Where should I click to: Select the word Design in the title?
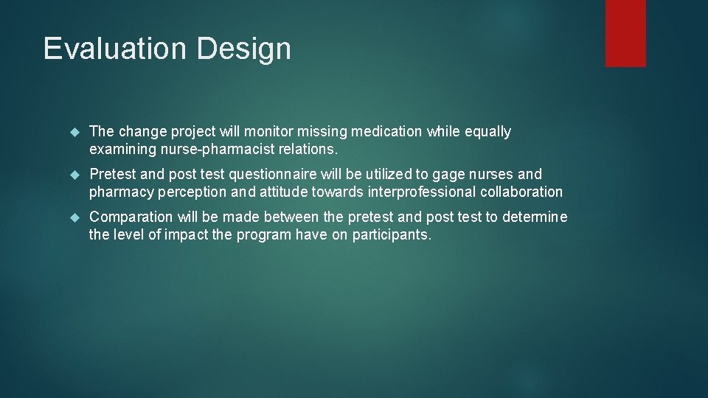[x=243, y=49]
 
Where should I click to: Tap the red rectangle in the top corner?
[x=625, y=33]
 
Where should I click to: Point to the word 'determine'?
[x=535, y=217]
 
